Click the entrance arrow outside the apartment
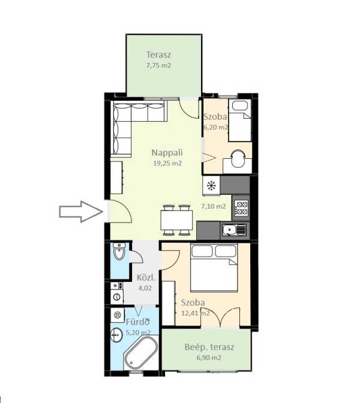(x=81, y=212)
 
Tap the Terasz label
(x=158, y=55)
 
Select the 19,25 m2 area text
(x=167, y=163)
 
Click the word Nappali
(x=167, y=152)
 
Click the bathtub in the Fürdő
(x=141, y=353)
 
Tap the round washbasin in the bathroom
(x=117, y=335)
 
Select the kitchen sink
(x=234, y=230)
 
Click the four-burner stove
(x=242, y=208)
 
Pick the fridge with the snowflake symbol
(x=211, y=185)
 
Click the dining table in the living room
(x=176, y=220)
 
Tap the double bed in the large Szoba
(x=214, y=267)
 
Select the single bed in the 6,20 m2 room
(x=240, y=121)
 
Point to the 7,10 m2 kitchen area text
(x=214, y=206)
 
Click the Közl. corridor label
(x=146, y=278)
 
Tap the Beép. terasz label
(x=209, y=347)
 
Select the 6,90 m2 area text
(x=209, y=357)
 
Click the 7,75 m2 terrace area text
(x=158, y=65)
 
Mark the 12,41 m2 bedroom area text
(x=196, y=313)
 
